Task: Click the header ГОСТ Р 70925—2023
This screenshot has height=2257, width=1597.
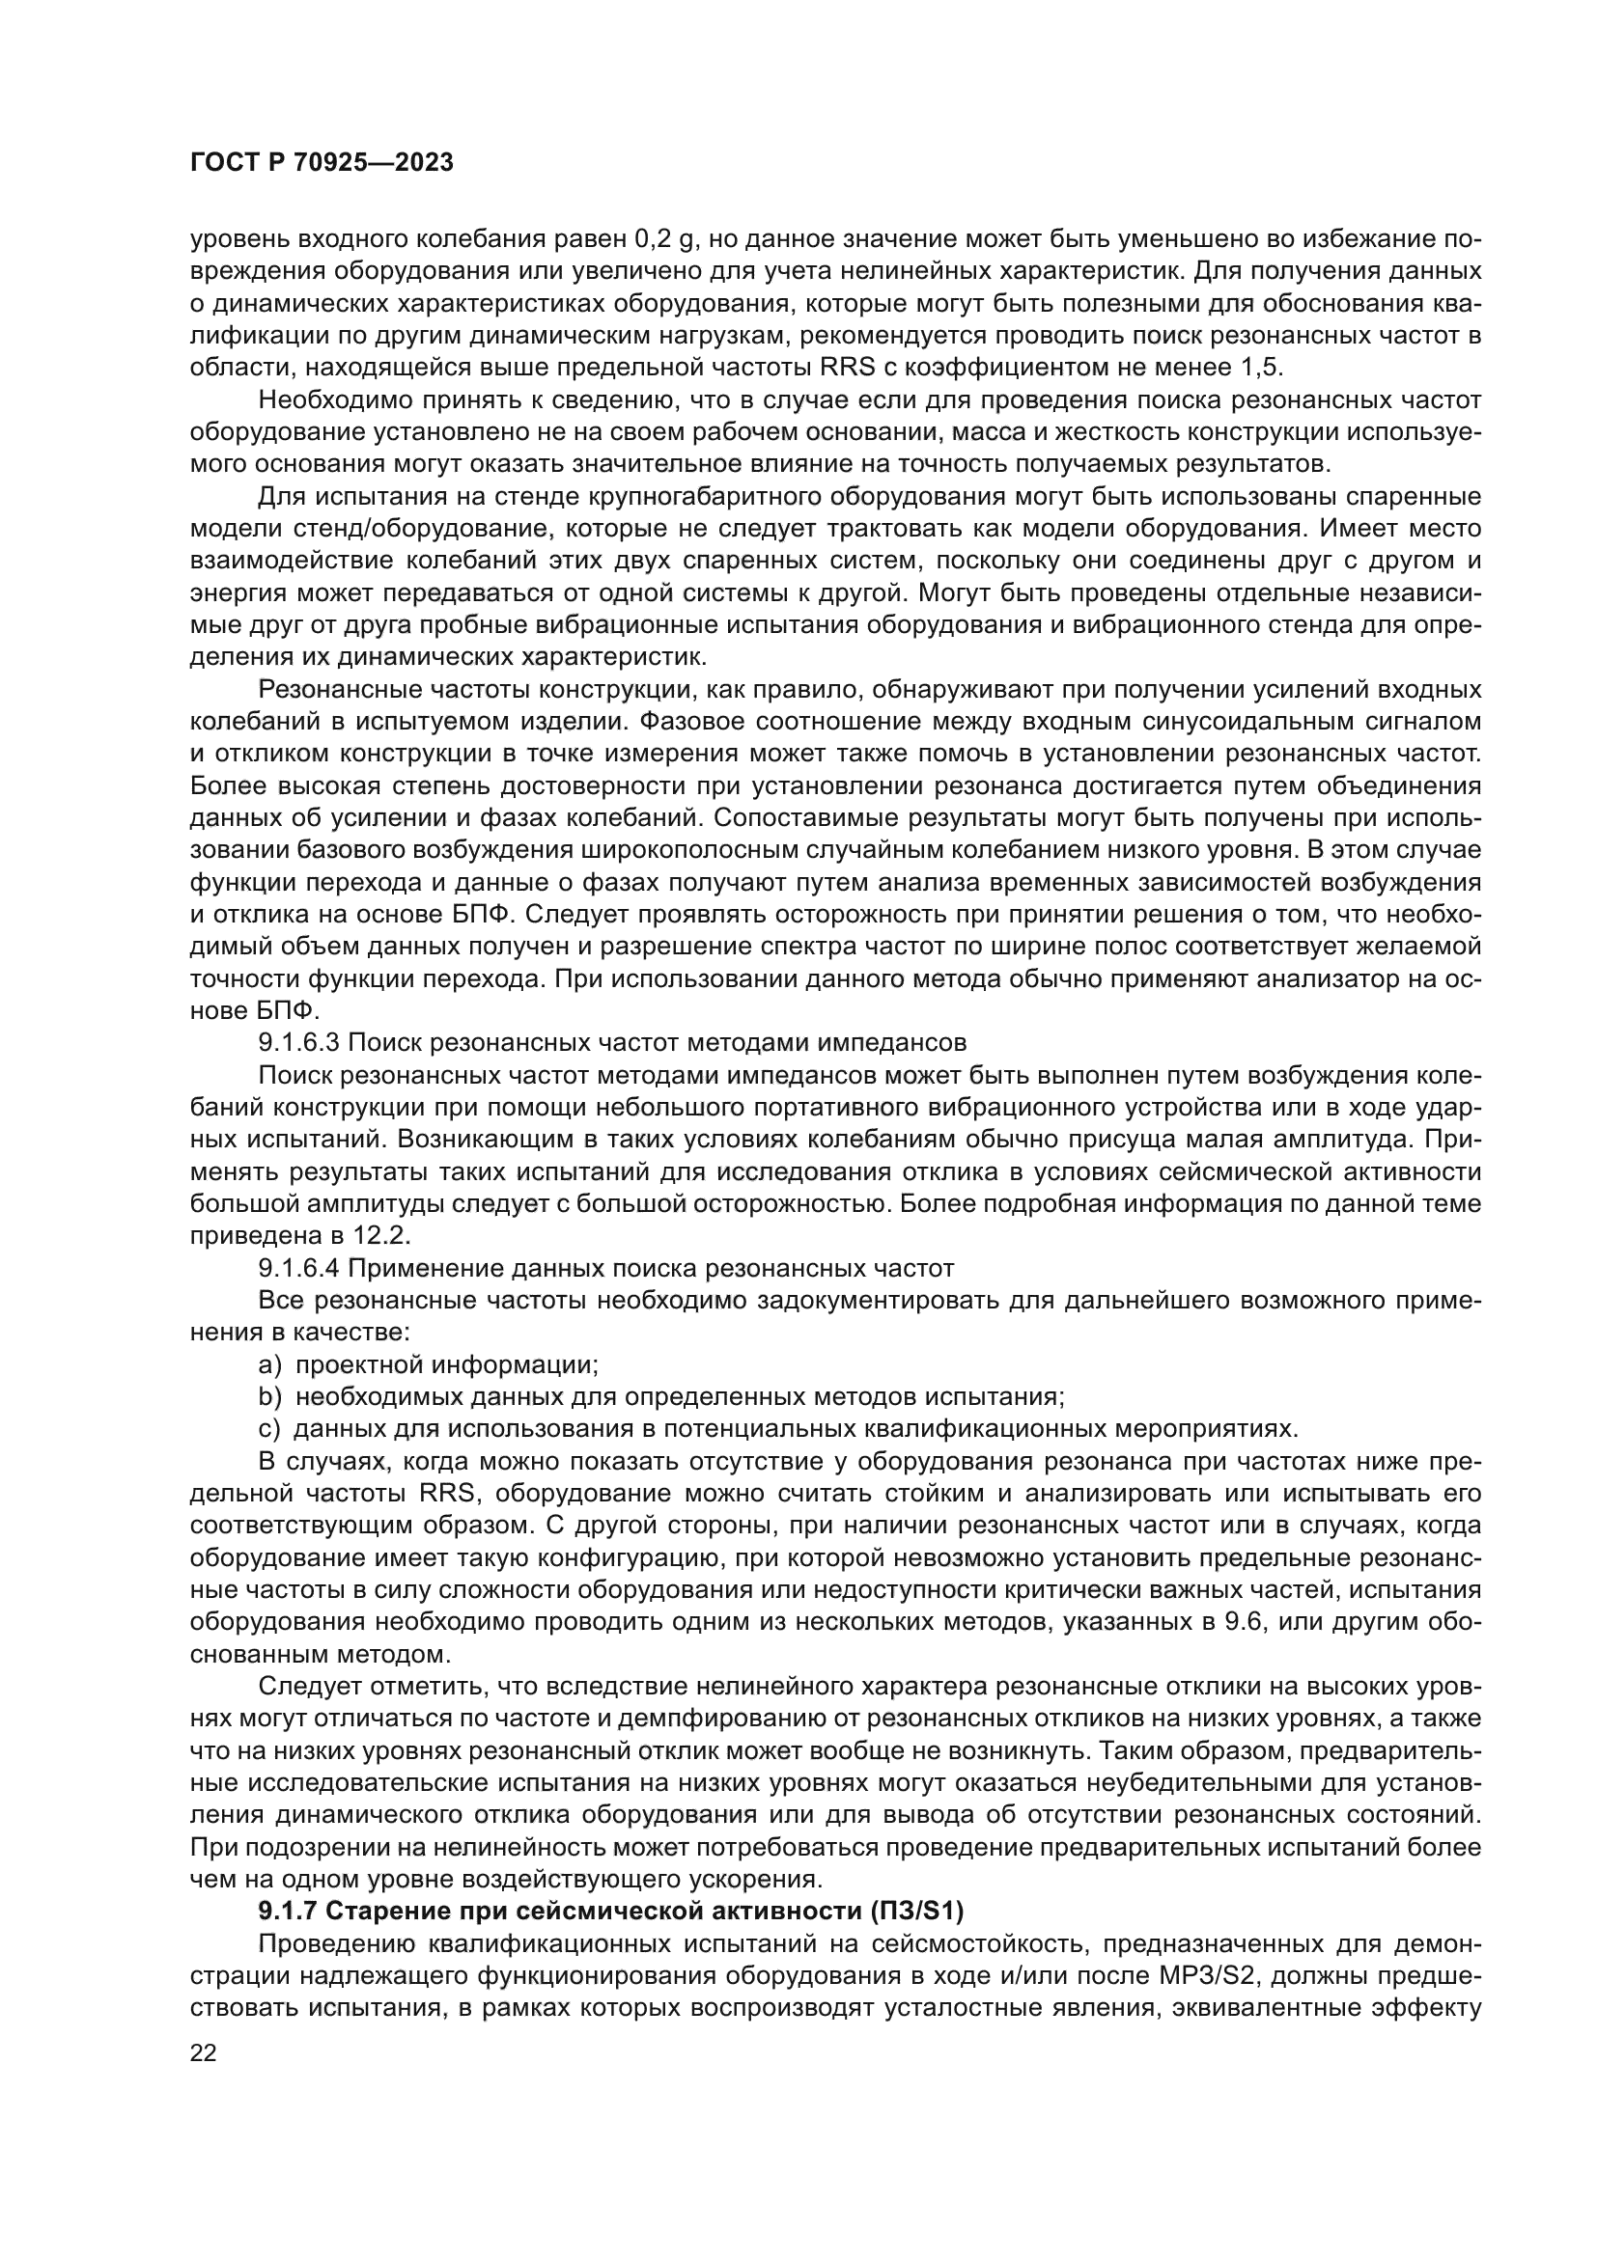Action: click(x=322, y=163)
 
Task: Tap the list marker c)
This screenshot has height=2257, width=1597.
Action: click(x=268, y=1428)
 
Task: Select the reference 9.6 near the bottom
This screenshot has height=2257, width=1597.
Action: click(x=1242, y=1621)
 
